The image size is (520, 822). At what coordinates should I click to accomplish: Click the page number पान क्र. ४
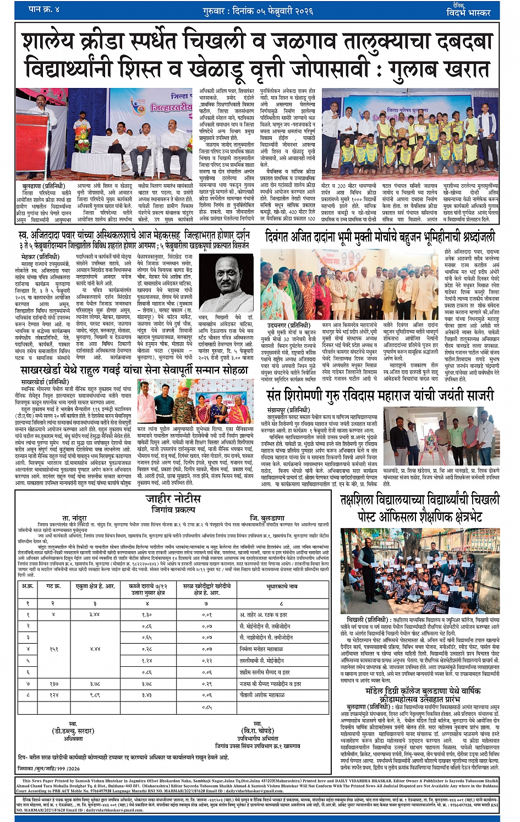43,10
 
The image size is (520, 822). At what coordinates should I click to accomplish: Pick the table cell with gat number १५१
54,649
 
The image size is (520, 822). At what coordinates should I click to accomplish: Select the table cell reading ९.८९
95,695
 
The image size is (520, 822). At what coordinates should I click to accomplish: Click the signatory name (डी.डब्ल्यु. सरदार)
73,731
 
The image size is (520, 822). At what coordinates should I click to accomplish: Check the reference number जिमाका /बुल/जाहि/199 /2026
48,769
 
